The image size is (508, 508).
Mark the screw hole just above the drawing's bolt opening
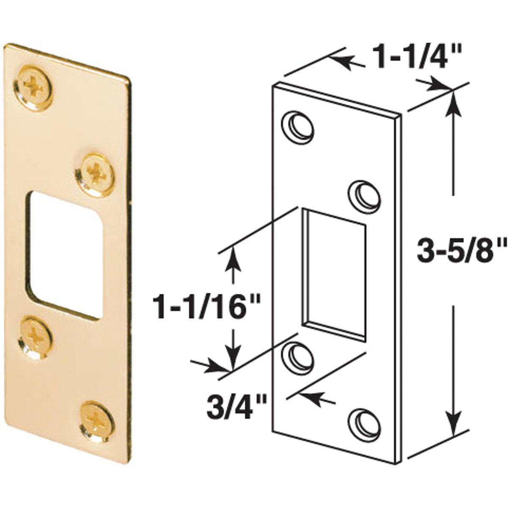[364, 194]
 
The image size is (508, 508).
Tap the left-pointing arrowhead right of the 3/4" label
[307, 397]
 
